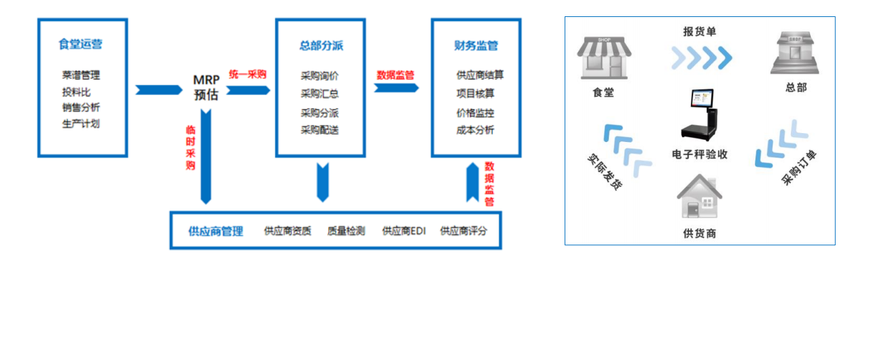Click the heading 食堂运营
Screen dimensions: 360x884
click(81, 45)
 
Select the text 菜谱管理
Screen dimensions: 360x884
click(81, 75)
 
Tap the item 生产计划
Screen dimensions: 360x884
click(81, 124)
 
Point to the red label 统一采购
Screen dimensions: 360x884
click(247, 75)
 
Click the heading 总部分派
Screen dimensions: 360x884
click(321, 46)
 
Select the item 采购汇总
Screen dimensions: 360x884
click(320, 94)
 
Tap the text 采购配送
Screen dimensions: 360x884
click(320, 129)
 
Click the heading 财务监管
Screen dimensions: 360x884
click(476, 46)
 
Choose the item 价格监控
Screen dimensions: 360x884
click(475, 113)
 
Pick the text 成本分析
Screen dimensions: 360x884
click(475, 130)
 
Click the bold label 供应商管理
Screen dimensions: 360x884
click(215, 231)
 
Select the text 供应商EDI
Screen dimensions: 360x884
click(404, 231)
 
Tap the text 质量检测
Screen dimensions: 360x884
click(346, 231)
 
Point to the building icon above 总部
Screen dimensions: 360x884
click(794, 54)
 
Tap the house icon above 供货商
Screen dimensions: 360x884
click(699, 196)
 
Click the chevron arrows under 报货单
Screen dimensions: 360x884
click(701, 58)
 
